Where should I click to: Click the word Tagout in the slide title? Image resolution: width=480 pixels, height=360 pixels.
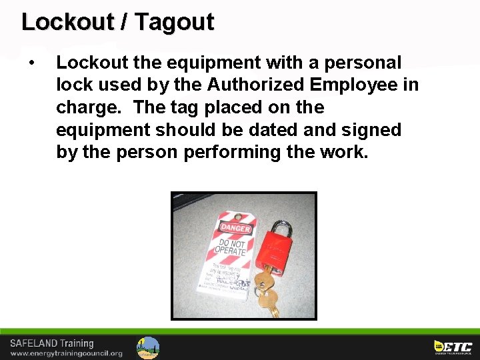(x=173, y=22)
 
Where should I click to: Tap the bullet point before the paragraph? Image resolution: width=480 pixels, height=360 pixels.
(x=31, y=63)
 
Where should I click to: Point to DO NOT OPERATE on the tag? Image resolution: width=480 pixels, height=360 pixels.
(x=229, y=248)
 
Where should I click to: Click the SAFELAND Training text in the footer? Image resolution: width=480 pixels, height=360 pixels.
(x=52, y=344)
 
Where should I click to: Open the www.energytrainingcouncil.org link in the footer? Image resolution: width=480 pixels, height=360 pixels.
(x=66, y=353)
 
